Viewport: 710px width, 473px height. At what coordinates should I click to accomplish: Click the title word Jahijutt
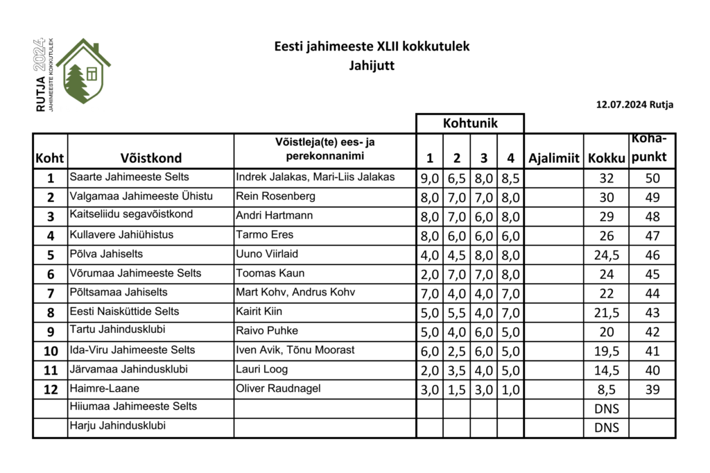372,67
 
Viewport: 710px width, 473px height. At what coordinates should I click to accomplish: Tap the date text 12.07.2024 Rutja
634,105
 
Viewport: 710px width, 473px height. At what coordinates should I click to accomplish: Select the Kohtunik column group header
469,123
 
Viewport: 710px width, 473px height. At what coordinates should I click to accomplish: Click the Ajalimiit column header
553,158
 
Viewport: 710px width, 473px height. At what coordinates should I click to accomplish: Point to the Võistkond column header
150,158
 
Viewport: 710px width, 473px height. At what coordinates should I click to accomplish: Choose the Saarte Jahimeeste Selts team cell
130,178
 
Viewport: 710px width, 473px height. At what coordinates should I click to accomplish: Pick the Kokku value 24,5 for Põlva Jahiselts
606,255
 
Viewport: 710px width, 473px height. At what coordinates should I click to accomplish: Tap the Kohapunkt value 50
652,178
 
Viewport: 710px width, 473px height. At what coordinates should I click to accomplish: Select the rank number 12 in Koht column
50,390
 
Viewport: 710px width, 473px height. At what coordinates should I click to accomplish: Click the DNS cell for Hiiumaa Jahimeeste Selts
606,409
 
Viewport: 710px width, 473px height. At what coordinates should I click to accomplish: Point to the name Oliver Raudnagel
279,388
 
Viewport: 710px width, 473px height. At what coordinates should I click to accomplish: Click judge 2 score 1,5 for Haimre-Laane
456,390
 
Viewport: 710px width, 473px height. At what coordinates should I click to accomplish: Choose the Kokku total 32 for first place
606,178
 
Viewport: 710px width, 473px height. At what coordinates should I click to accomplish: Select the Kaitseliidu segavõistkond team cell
131,215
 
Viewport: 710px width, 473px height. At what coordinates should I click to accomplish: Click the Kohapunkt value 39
652,390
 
